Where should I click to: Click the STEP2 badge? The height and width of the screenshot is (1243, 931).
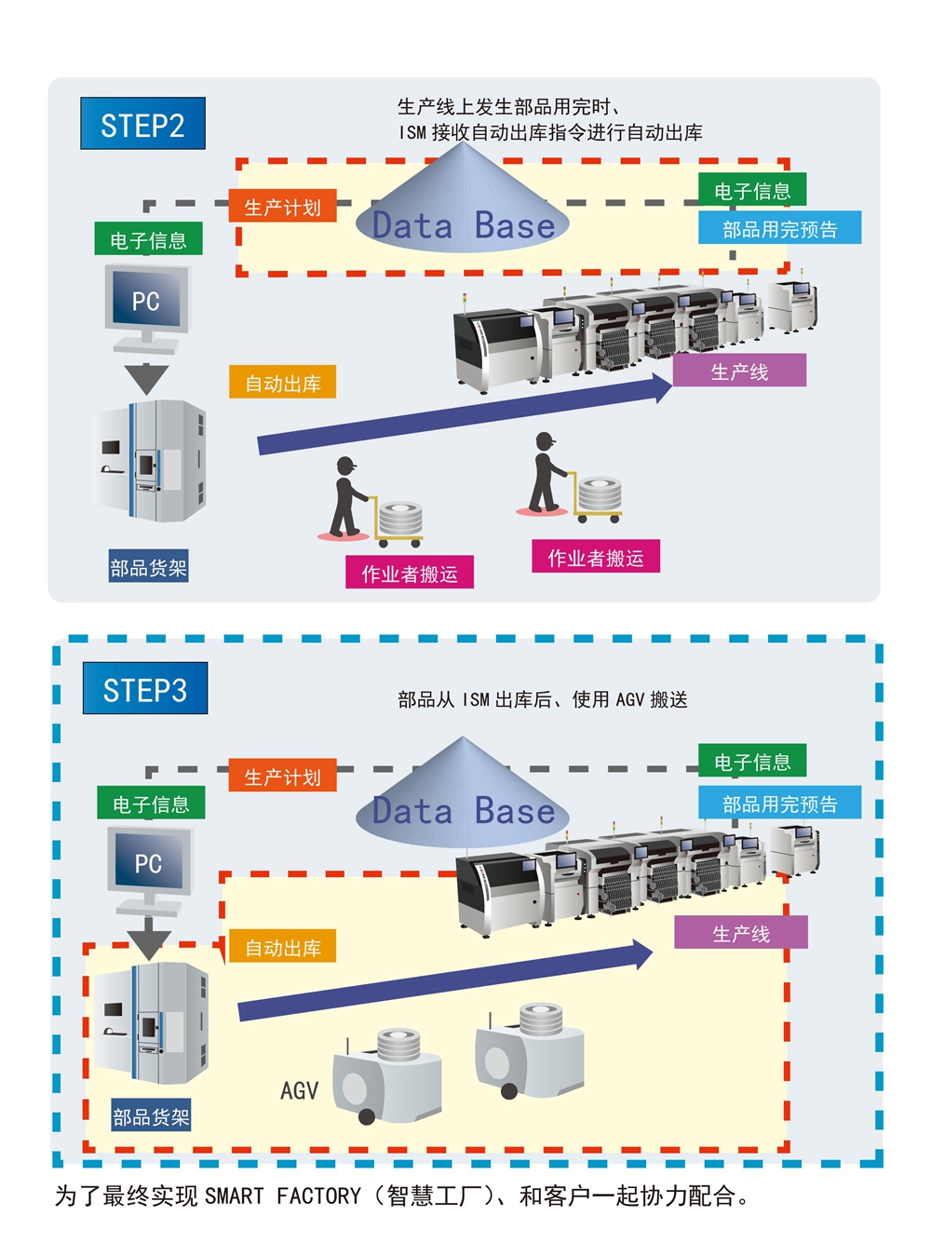pos(142,124)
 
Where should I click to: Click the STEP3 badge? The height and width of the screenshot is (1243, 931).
pos(144,689)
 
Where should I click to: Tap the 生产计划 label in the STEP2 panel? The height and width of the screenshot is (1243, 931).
pos(282,207)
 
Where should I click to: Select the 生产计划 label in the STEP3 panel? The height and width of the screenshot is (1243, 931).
pos(282,777)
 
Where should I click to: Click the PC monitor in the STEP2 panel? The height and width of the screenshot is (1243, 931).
pos(147,300)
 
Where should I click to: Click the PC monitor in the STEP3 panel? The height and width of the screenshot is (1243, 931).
pos(149,862)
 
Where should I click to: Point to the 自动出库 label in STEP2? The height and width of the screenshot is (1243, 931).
pos(282,383)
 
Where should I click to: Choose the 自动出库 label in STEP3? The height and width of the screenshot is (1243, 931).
pos(282,947)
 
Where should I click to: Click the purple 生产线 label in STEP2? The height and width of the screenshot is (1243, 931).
pos(739,371)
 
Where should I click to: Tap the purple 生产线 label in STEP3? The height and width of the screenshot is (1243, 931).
pos(740,933)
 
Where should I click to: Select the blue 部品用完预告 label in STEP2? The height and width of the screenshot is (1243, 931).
pos(779,228)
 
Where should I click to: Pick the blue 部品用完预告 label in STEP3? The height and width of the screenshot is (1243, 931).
pos(779,803)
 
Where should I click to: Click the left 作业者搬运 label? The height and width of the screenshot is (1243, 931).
pos(410,574)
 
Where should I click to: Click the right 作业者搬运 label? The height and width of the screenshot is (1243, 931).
pos(595,557)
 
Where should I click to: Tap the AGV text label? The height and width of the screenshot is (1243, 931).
pos(299,1090)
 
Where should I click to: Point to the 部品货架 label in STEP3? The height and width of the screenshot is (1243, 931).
pos(151,1116)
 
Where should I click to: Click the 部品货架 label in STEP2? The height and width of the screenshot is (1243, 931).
pos(149,567)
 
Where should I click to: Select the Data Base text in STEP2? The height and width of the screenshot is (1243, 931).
pos(463,226)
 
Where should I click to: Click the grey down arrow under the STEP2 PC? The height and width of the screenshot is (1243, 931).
pos(146,377)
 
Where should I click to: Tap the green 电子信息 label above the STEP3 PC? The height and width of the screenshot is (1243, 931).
pos(151,804)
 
